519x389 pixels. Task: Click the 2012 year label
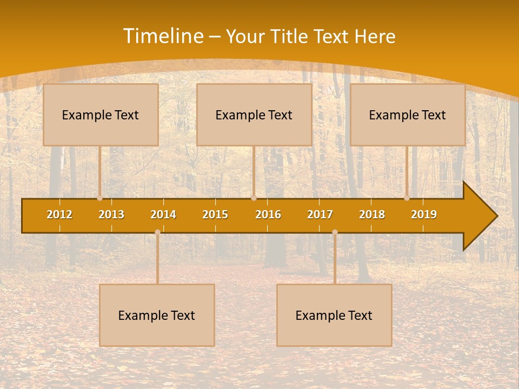tap(59, 214)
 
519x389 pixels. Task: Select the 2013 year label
tap(111, 214)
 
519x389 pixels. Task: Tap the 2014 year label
tap(163, 214)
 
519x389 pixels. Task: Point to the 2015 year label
tap(215, 214)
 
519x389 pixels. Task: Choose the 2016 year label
tap(268, 214)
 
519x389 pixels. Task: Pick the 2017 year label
tap(320, 214)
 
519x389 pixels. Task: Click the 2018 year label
tap(372, 214)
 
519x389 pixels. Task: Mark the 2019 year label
tap(424, 214)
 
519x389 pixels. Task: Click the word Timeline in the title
tap(163, 36)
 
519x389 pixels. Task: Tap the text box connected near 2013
tap(101, 115)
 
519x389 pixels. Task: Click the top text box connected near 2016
tap(254, 115)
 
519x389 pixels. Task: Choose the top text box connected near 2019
tap(408, 115)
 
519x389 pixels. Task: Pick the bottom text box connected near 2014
tap(157, 315)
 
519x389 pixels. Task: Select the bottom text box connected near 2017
tap(334, 315)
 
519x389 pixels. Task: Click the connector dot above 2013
tap(100, 198)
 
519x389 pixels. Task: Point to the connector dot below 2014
tap(157, 232)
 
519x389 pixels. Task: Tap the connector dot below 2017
tap(335, 232)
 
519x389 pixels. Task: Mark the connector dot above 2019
tap(407, 198)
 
